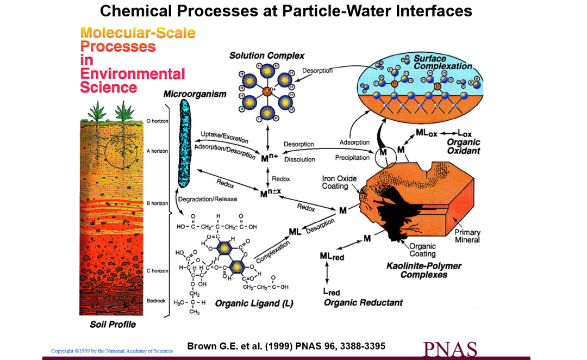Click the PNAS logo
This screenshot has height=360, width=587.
(x=451, y=349)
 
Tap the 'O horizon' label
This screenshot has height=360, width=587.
(x=157, y=121)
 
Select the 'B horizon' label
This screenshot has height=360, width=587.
(x=157, y=203)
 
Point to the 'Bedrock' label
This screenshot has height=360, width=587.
(x=156, y=300)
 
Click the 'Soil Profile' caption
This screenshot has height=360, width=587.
(x=113, y=325)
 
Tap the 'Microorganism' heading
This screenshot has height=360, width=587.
(x=195, y=94)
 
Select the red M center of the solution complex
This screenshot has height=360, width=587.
(x=267, y=91)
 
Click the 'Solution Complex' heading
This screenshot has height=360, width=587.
(x=266, y=56)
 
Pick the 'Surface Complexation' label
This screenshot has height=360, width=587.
(x=442, y=62)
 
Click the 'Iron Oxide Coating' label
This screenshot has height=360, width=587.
(x=339, y=182)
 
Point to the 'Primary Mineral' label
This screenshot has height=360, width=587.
(x=467, y=236)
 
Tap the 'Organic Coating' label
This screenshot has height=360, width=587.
(x=422, y=250)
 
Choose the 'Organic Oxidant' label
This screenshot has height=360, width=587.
(x=464, y=146)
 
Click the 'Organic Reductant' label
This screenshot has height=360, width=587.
(x=363, y=303)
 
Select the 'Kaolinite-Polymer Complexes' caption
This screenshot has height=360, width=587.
(x=424, y=270)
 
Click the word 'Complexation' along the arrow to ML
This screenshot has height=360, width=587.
(x=273, y=252)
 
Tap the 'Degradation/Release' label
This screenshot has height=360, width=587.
(x=208, y=199)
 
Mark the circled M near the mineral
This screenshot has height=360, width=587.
(x=383, y=152)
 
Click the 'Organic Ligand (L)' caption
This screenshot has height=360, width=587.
(x=254, y=303)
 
